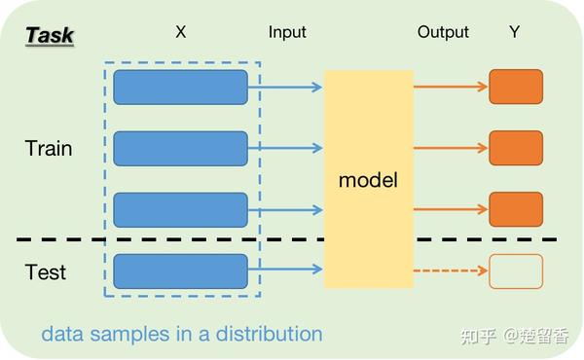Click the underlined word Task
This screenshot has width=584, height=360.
coord(50,35)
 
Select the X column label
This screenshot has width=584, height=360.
coord(180,32)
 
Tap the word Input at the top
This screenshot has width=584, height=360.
coord(287,32)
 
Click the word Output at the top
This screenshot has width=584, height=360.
coord(443,32)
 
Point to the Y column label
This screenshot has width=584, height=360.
coord(514,32)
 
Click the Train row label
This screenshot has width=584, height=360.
coord(49,149)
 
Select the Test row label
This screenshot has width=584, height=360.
coord(46,271)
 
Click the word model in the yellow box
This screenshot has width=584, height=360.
coord(368,180)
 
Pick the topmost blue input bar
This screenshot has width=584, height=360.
coord(180,87)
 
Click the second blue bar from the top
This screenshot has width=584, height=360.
coord(180,148)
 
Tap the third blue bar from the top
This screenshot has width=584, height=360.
coord(180,209)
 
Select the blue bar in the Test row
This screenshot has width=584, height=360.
coord(180,270)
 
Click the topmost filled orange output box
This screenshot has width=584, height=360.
coord(515,87)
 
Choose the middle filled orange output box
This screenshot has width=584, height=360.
coord(515,148)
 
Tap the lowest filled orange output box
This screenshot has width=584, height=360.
coord(515,209)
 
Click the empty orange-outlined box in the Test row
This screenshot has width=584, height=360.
coord(515,270)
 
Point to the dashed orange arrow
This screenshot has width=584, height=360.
coord(450,270)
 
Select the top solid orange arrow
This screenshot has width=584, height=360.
coord(450,87)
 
